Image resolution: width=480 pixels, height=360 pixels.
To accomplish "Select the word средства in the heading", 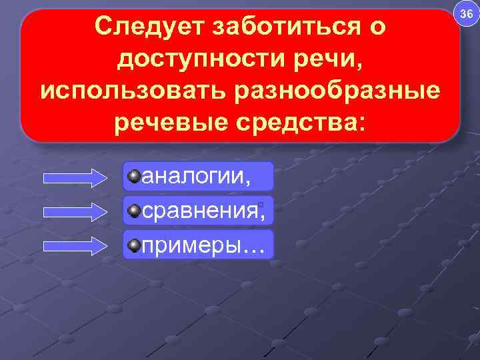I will [299, 121].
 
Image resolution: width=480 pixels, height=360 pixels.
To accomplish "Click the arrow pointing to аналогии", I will [75, 177].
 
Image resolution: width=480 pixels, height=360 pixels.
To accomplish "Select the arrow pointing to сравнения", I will [75, 212].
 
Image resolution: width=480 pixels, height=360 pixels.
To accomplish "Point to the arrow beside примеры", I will [75, 245].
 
